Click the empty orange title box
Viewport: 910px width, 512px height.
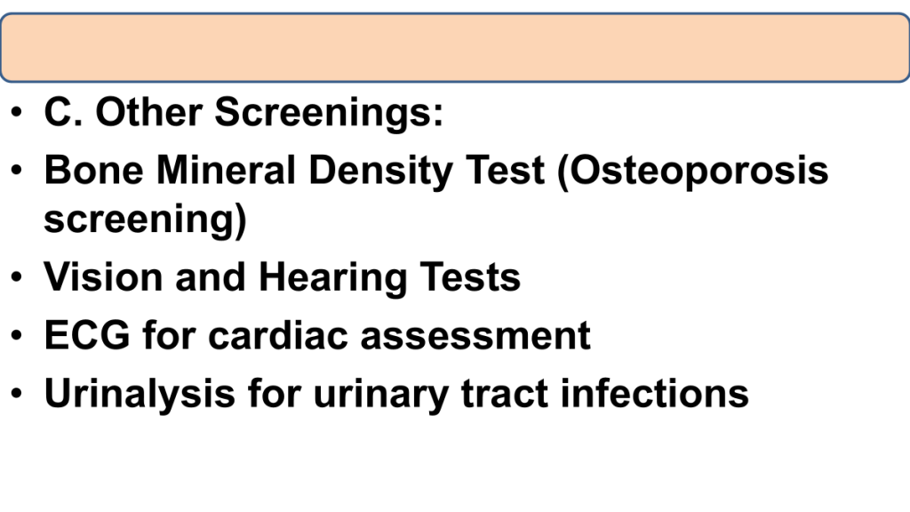pyautogui.click(x=455, y=48)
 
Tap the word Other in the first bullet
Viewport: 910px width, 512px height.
pyautogui.click(x=148, y=111)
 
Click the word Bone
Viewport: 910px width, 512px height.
pyautogui.click(x=93, y=170)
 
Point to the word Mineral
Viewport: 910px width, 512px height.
pyautogui.click(x=226, y=170)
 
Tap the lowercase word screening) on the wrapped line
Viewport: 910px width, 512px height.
pyautogui.click(x=145, y=220)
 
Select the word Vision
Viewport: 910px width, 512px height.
pyautogui.click(x=103, y=276)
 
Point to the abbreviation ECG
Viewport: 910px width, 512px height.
pyautogui.click(x=87, y=335)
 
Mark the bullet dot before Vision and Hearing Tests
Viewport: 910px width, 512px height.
pyautogui.click(x=16, y=276)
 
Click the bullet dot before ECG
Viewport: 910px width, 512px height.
pyautogui.click(x=16, y=335)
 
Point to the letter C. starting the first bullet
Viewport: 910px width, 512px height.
pyautogui.click(x=63, y=111)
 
